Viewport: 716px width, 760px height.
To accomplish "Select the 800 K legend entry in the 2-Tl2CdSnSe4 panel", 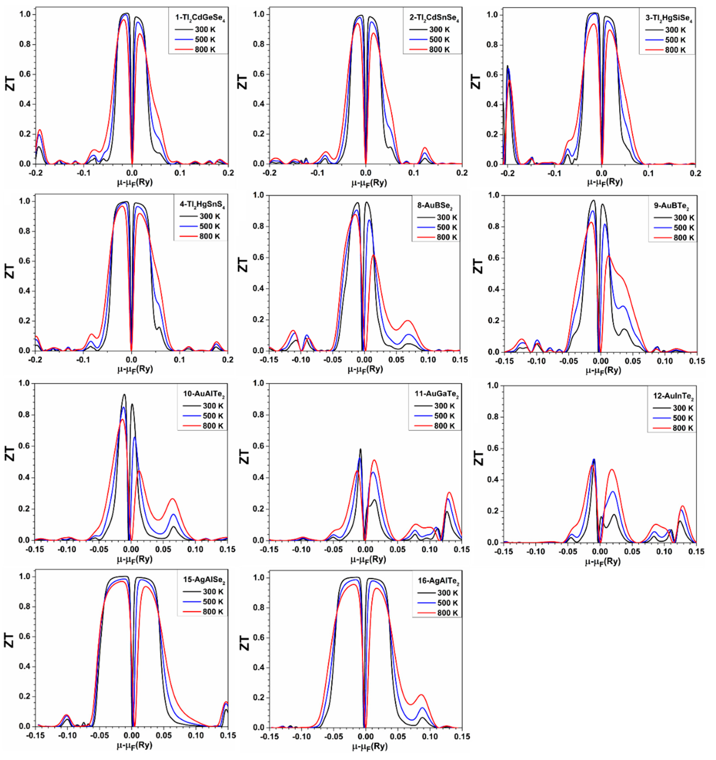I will (439, 50).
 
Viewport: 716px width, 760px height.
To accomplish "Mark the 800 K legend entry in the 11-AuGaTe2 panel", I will (444, 426).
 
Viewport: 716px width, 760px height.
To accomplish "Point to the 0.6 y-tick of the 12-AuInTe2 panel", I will (493, 448).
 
